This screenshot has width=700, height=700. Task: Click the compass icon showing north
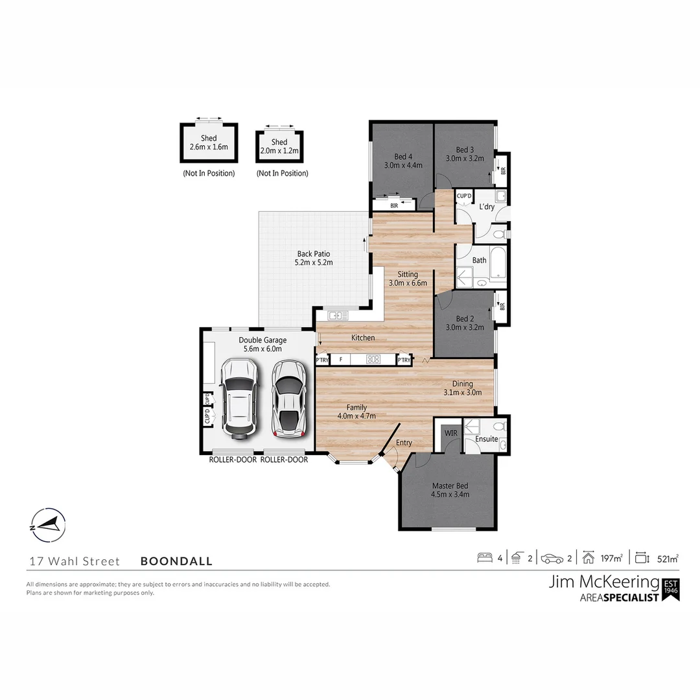[x=48, y=524]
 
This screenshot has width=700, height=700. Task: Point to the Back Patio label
[x=314, y=254]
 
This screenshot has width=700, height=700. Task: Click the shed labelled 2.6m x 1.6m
[x=208, y=143]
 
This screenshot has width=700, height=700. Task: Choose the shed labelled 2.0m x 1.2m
[x=279, y=146]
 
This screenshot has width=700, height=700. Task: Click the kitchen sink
[x=337, y=316]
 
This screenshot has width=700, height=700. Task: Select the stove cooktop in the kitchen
[x=373, y=359]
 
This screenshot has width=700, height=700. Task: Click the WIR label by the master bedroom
[x=450, y=432]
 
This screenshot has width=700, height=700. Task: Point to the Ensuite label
[x=486, y=439]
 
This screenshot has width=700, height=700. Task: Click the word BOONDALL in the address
[x=176, y=561]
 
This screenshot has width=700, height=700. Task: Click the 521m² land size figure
[x=668, y=558]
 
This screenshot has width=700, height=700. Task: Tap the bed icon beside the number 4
[x=485, y=558]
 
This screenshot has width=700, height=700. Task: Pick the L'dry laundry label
[x=487, y=207]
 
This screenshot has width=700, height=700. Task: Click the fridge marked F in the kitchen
[x=340, y=359]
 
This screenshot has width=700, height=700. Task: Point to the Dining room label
[x=462, y=384]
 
